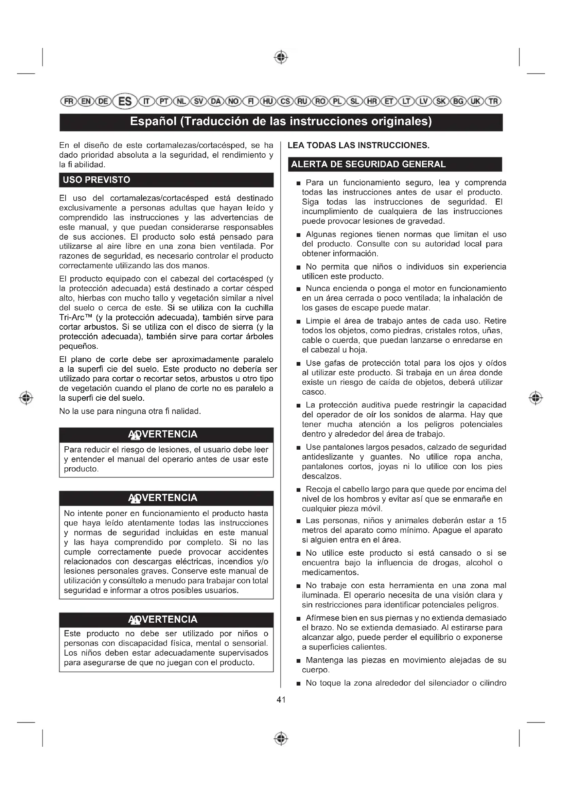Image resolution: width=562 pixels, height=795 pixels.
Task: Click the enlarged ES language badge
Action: point(125,101)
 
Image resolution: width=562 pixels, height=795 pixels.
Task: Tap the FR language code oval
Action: point(67,101)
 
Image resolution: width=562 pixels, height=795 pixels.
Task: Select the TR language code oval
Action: point(493,101)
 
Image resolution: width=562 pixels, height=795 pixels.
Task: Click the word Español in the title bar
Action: point(153,122)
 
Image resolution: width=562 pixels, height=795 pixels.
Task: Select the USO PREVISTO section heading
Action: point(96,180)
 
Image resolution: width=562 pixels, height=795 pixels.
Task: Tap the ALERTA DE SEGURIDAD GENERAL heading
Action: point(368,164)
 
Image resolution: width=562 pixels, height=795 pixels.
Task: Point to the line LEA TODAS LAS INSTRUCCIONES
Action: point(358,145)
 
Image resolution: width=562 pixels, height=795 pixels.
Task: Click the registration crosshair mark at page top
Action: point(281,57)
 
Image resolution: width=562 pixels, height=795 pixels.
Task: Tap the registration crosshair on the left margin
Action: point(26,398)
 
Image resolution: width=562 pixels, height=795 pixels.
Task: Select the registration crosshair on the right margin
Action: point(536,398)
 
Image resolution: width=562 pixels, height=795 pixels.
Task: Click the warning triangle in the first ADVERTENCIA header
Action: point(135,435)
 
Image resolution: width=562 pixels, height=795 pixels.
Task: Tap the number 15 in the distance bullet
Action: point(502,520)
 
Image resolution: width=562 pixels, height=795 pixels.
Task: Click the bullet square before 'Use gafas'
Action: point(298,364)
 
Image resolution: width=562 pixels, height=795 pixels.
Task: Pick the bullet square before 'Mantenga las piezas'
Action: point(298,661)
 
